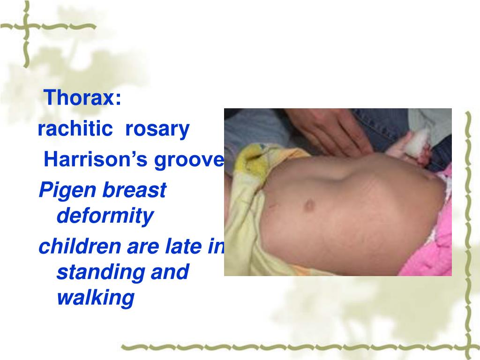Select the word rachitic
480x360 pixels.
point(72,129)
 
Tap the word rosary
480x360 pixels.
point(157,129)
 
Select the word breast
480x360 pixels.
point(136,190)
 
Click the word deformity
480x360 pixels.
point(105,216)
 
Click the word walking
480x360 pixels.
point(96,298)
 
